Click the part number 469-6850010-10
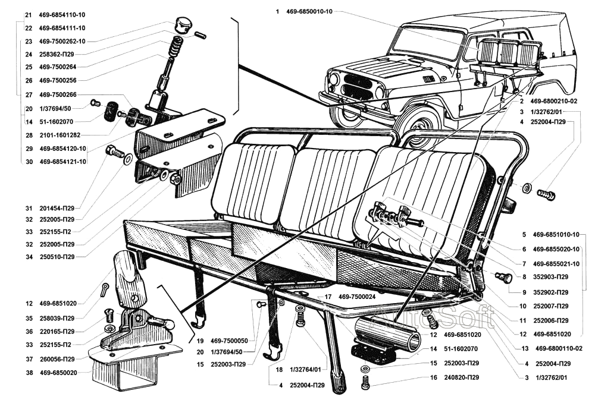[309, 11]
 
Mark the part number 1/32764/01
[306, 370]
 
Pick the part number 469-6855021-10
[556, 264]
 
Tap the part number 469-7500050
[231, 341]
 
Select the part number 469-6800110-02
[559, 349]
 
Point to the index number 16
[434, 377]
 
